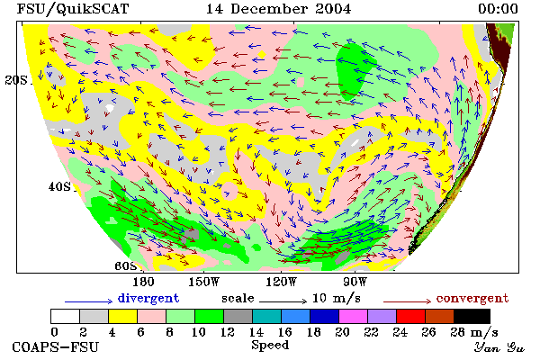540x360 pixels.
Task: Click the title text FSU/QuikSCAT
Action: pyautogui.click(x=73, y=9)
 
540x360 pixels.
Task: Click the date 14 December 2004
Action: pyautogui.click(x=279, y=9)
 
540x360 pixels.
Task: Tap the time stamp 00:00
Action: pyautogui.click(x=498, y=9)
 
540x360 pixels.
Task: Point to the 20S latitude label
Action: pyautogui.click(x=16, y=80)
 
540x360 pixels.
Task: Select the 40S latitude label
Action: pyautogui.click(x=59, y=186)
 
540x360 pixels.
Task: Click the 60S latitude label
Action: pyautogui.click(x=125, y=266)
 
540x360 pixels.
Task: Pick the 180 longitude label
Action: pyautogui.click(x=143, y=282)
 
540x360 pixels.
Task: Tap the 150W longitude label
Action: pyautogui.click(x=204, y=282)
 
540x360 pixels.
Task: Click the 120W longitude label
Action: pyautogui.click(x=281, y=282)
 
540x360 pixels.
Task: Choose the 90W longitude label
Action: pyautogui.click(x=355, y=282)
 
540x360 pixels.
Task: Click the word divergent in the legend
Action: pyautogui.click(x=148, y=298)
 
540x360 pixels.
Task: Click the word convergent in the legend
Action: pyautogui.click(x=472, y=298)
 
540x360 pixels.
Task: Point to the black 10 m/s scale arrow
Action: pyautogui.click(x=283, y=301)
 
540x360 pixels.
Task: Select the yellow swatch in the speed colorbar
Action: pyautogui.click(x=123, y=316)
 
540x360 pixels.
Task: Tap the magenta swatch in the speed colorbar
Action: pyautogui.click(x=354, y=316)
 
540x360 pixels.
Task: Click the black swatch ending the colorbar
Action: pyautogui.click(x=472, y=316)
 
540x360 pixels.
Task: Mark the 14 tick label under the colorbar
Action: pyautogui.click(x=256, y=332)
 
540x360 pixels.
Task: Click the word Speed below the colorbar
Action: pyautogui.click(x=270, y=346)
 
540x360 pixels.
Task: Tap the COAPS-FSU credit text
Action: pyautogui.click(x=56, y=347)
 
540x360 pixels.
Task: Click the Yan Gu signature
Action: pyautogui.click(x=499, y=347)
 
